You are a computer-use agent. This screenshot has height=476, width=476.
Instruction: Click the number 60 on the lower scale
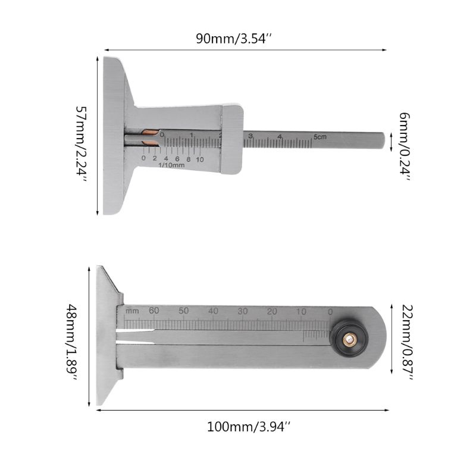click(x=154, y=311)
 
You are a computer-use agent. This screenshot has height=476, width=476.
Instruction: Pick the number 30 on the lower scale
click(x=242, y=311)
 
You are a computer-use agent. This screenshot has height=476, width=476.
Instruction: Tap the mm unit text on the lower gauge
click(x=131, y=311)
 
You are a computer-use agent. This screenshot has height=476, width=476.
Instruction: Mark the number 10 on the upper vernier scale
click(x=199, y=159)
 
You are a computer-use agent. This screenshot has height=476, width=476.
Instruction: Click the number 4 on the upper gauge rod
click(x=279, y=137)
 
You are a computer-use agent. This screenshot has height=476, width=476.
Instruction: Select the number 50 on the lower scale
click(x=184, y=311)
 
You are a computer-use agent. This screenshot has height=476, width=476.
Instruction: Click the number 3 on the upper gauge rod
click(x=250, y=137)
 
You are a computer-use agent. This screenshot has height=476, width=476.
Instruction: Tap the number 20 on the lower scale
click(x=272, y=311)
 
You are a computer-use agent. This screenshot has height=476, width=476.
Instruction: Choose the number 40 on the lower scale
click(x=213, y=311)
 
